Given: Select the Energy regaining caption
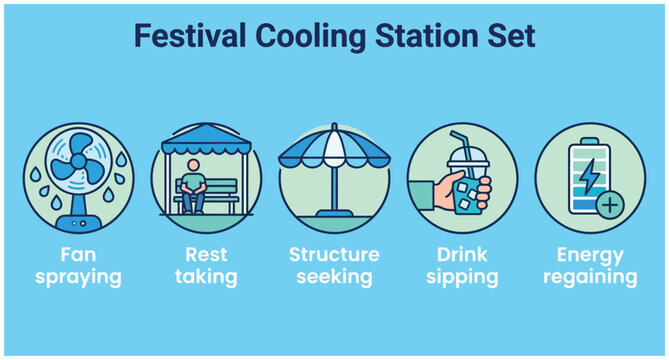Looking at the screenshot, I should pos(590,265).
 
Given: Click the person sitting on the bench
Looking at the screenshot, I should pos(197,187).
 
